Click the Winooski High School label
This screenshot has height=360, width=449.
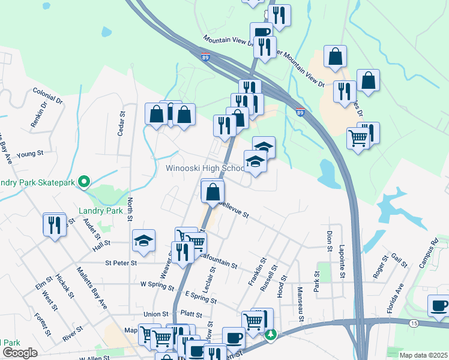[x=205, y=168]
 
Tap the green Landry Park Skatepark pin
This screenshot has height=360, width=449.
[x=85, y=181]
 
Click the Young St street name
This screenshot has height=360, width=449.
[x=31, y=154]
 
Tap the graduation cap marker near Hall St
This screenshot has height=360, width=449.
[x=143, y=241]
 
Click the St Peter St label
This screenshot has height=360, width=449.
[x=121, y=263]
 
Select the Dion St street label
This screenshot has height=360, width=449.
[x=330, y=240]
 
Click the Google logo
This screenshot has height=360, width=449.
[x=20, y=353]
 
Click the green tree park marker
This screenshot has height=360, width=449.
[x=271, y=334]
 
